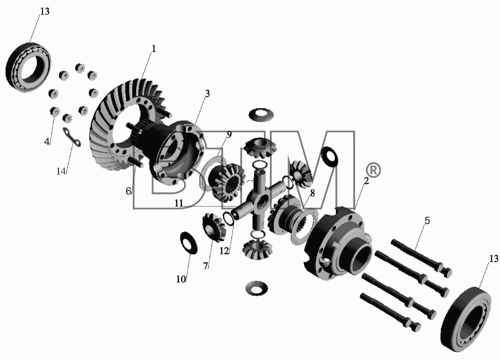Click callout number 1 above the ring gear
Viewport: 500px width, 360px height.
pos(154,49)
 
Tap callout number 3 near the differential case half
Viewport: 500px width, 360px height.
pos(208,94)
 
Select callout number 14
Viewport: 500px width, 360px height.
pos(61,171)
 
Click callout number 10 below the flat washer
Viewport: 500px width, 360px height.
pos(181,279)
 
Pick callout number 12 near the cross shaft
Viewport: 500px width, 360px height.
pos(224,251)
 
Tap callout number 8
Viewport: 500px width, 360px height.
pos(313,193)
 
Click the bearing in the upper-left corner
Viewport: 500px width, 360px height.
pos(28,67)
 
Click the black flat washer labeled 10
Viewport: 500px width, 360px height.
pos(189,243)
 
